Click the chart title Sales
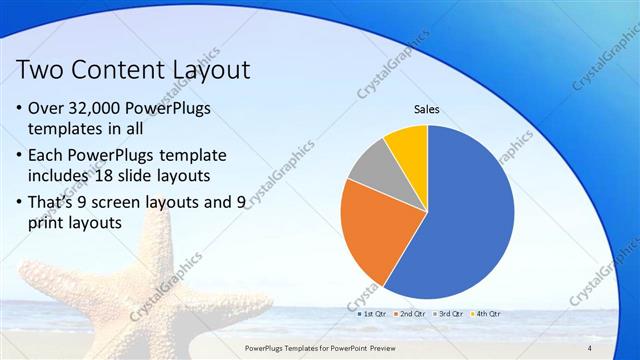click(x=427, y=110)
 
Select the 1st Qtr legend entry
click(x=373, y=314)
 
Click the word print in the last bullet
click(x=53, y=224)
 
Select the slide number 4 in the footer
click(x=590, y=347)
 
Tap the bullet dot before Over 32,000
click(x=23, y=108)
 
